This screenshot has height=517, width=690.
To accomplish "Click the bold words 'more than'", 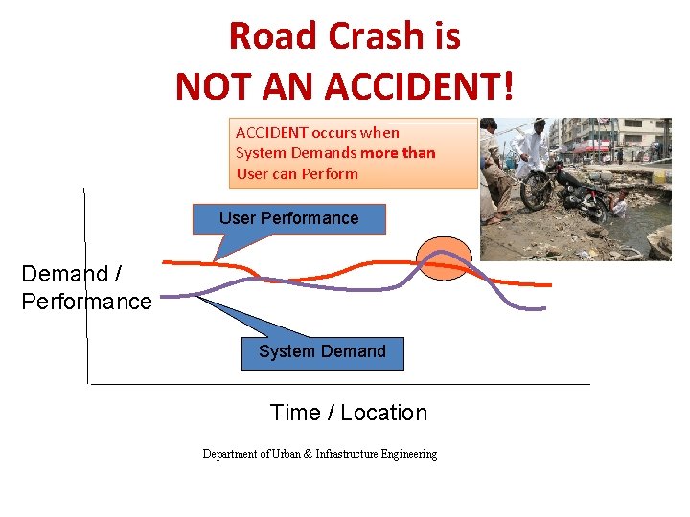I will tap(398, 153).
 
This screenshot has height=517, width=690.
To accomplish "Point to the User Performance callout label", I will tap(288, 218).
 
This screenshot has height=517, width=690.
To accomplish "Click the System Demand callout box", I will tap(322, 352).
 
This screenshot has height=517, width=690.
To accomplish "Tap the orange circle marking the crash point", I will tap(445, 257).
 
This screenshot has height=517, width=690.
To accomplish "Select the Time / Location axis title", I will tap(349, 413).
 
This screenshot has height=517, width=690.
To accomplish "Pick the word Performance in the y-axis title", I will tap(86, 302).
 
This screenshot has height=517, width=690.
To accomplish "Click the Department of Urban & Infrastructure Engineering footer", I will tap(319, 454).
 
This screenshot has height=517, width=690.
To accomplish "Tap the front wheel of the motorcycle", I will tap(534, 191).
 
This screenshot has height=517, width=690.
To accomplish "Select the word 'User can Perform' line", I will tap(297, 174).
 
